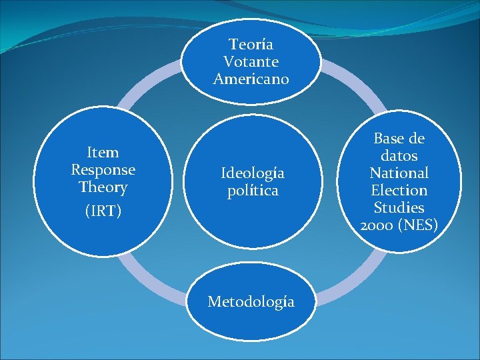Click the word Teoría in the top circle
click(251, 45)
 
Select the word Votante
click(251, 62)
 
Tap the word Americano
click(251, 79)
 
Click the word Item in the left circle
click(103, 153)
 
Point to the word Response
click(103, 169)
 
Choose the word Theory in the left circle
click(103, 187)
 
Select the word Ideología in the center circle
click(253, 173)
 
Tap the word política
click(253, 191)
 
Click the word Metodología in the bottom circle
click(251, 302)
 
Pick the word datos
click(399, 156)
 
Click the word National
click(399, 173)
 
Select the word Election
click(399, 191)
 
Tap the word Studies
click(399, 208)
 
